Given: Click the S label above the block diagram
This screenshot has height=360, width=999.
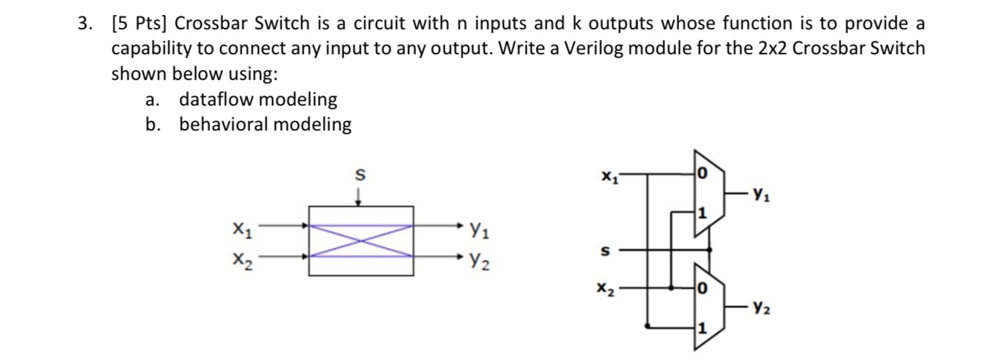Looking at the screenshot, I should tap(359, 174).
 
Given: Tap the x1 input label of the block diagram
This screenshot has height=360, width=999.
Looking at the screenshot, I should tap(242, 229).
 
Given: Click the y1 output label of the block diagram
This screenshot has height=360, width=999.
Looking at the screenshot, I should tap(477, 229).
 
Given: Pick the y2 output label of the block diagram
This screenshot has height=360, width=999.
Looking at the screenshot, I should tap(477, 262).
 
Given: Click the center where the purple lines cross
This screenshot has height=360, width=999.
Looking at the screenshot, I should tap(361, 240).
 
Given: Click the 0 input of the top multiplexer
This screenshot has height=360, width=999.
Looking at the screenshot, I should tap(701, 173).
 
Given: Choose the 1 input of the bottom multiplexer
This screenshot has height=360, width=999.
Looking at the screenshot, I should tap(701, 329).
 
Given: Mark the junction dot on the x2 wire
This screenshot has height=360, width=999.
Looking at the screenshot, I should tap(673, 288).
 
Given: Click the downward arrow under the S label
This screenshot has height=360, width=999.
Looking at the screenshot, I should tap(359, 196).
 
